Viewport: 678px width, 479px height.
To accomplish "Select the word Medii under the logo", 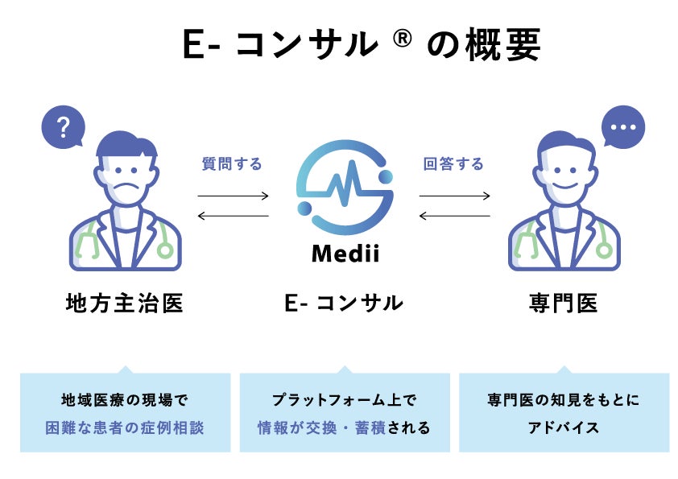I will (x=345, y=256).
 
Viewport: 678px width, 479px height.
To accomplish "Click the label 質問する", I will (x=232, y=164).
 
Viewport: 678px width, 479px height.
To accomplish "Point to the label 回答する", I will (x=453, y=164).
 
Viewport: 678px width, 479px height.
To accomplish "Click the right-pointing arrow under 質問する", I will (x=233, y=196).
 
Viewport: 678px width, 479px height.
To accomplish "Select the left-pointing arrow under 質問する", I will (x=233, y=216).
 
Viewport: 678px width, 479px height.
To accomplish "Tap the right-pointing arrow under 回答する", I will (x=454, y=196).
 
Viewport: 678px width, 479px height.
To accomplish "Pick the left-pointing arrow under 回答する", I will (x=454, y=216).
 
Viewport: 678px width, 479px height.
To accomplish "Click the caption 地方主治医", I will (x=125, y=304).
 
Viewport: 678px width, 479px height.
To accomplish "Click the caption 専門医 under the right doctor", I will (x=563, y=304).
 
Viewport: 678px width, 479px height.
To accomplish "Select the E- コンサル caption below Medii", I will (x=344, y=304).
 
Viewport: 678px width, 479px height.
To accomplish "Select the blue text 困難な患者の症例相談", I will (x=125, y=427).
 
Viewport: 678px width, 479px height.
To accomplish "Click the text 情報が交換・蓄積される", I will (x=344, y=427).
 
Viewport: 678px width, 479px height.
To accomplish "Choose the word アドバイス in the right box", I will (x=564, y=427).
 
